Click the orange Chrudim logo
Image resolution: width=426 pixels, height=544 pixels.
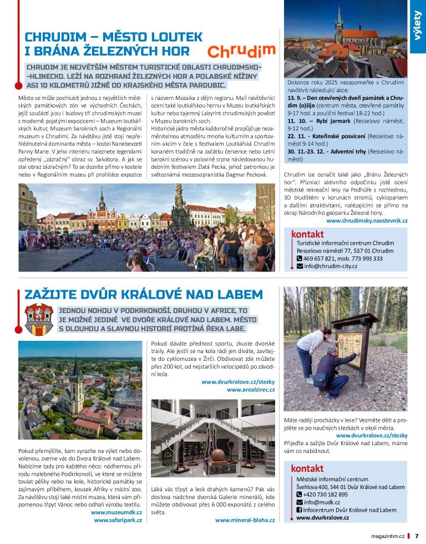241,52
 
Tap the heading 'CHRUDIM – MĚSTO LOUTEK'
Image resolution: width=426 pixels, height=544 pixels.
113,37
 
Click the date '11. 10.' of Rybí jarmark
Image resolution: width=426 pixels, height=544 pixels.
297,120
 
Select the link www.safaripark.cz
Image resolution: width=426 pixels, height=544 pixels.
118,520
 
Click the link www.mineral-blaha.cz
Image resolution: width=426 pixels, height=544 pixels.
245,520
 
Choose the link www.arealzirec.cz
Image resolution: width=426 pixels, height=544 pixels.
251,390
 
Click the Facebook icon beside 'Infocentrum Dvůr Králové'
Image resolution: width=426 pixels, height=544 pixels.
300,510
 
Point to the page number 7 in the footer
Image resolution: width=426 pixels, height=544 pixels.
417,536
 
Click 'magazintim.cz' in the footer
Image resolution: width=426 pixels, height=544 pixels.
384,536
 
